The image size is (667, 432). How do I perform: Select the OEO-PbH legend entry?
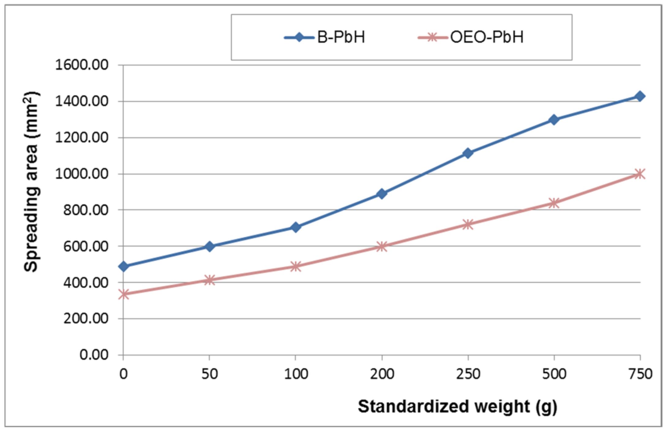471,37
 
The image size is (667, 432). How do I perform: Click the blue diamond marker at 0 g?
123,266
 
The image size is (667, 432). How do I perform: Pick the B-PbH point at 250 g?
468,153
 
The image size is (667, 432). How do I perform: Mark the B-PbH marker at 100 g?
295,227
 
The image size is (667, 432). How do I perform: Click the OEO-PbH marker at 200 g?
382,246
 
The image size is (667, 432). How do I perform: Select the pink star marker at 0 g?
123,294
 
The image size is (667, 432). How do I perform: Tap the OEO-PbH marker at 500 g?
554,203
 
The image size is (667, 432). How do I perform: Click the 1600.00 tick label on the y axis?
82,65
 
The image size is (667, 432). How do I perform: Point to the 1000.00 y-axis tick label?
82,174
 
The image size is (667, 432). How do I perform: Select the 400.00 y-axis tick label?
86,282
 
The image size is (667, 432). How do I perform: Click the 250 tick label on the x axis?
468,374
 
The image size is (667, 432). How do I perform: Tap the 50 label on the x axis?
209,374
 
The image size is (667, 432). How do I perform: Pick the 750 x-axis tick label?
640,374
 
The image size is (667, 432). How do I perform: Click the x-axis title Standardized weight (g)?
457,407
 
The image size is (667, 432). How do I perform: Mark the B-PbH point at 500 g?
554,120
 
